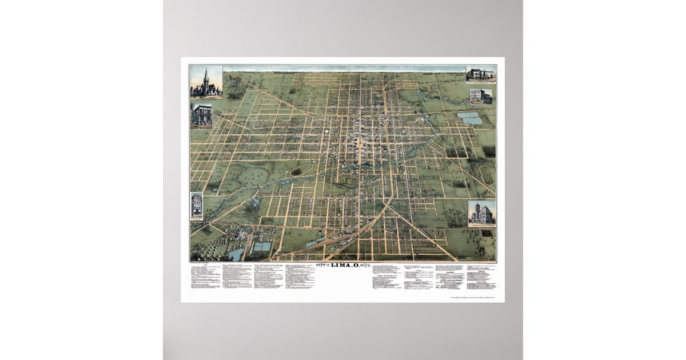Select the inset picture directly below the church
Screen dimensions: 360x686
[201, 115]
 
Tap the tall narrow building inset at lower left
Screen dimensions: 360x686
[197, 206]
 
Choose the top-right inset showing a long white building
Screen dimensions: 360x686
[481, 74]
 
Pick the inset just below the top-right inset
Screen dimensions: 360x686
[481, 96]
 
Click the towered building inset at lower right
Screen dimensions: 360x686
[481, 214]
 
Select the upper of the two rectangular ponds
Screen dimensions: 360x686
[468, 115]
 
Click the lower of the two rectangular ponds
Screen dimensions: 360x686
[472, 122]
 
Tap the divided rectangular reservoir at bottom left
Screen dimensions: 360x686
[262, 247]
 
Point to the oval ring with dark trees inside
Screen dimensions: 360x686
[296, 171]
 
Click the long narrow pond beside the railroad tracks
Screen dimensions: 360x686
[315, 243]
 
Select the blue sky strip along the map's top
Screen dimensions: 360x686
[343, 69]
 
